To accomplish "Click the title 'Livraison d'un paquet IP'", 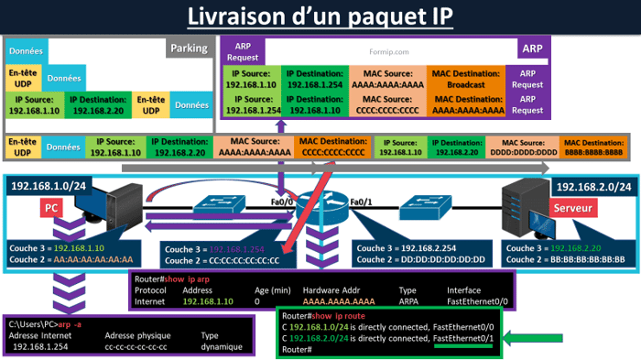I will [320, 16].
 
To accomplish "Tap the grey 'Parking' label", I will [190, 48].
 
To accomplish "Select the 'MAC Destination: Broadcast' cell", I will [466, 79].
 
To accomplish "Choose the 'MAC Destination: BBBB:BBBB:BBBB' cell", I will [594, 147].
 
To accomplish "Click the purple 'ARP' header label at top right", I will [531, 48].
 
